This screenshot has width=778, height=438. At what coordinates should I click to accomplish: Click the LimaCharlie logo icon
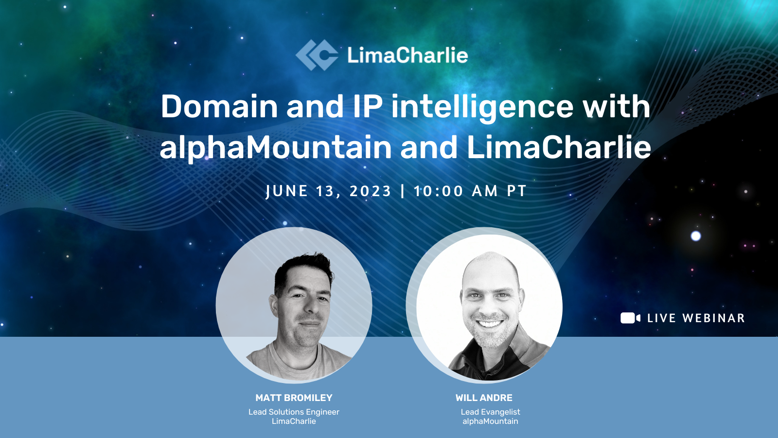pyautogui.click(x=317, y=55)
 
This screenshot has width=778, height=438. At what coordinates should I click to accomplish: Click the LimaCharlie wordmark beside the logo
pyautogui.click(x=407, y=55)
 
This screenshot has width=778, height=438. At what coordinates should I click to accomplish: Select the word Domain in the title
pyautogui.click(x=219, y=107)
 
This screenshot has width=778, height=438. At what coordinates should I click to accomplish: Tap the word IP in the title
pyautogui.click(x=368, y=107)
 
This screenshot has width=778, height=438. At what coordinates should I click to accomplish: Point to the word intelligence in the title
pyautogui.click(x=482, y=108)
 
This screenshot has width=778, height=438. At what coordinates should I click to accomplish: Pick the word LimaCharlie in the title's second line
pyautogui.click(x=559, y=147)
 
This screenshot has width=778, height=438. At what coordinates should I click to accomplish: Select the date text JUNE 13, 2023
pyautogui.click(x=329, y=191)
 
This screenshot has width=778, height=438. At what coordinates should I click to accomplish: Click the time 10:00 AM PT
pyautogui.click(x=470, y=191)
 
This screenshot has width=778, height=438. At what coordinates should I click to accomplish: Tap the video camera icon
pyautogui.click(x=630, y=318)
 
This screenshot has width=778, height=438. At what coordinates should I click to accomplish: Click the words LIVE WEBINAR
pyautogui.click(x=696, y=318)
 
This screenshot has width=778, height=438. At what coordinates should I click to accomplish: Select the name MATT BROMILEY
pyautogui.click(x=294, y=398)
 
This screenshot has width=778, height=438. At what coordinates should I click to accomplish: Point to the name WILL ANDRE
pyautogui.click(x=484, y=398)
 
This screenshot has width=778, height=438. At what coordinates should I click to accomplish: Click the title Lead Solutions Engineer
pyautogui.click(x=294, y=412)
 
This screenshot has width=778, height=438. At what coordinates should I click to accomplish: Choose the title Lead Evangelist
pyautogui.click(x=490, y=412)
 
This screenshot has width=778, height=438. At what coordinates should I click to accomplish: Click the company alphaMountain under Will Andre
pyautogui.click(x=490, y=421)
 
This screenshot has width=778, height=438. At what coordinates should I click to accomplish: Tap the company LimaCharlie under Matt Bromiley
pyautogui.click(x=294, y=421)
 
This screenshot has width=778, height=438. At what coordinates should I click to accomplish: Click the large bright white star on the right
pyautogui.click(x=696, y=236)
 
